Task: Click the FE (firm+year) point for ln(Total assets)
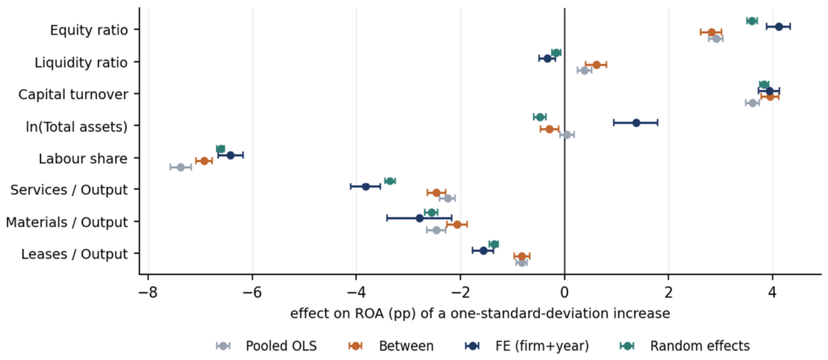click(x=636, y=123)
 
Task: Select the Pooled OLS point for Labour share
click(x=181, y=168)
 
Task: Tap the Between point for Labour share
click(x=204, y=161)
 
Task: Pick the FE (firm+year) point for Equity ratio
click(x=778, y=26)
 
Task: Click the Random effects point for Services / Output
click(x=390, y=181)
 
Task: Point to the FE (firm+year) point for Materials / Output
click(x=419, y=218)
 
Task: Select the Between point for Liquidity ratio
click(x=596, y=65)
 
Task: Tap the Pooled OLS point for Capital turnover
click(x=753, y=103)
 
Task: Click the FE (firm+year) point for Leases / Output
click(x=483, y=250)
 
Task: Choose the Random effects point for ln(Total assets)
click(x=540, y=117)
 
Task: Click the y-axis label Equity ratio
click(x=89, y=30)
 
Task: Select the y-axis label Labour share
click(x=83, y=159)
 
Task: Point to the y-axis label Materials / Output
click(x=67, y=222)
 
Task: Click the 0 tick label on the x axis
click(x=565, y=292)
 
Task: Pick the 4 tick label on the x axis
click(x=772, y=292)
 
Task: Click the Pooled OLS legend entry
click(x=267, y=346)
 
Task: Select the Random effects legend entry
click(x=685, y=346)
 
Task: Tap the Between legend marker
click(x=356, y=346)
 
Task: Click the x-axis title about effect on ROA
click(x=480, y=313)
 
